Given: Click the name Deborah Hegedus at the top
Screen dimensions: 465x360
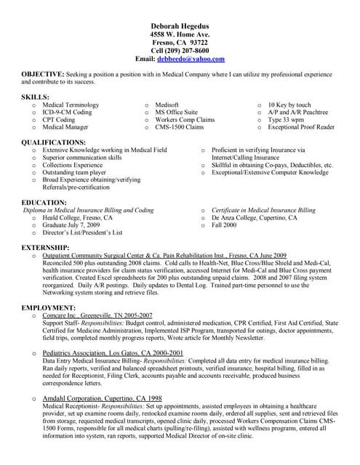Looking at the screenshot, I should [x=180, y=25].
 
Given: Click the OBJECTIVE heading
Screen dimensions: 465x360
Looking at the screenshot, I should [x=42, y=75].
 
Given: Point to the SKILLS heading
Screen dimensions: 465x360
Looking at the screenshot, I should [x=36, y=97].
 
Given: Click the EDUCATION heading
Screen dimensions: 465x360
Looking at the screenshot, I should [x=44, y=202].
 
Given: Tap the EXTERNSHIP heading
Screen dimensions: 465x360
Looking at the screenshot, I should [x=47, y=248].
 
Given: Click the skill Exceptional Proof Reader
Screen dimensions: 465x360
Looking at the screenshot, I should [x=300, y=127].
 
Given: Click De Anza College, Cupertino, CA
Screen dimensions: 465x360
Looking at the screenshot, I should [x=254, y=218].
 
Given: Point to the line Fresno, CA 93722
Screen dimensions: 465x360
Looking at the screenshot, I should [x=180, y=42].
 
